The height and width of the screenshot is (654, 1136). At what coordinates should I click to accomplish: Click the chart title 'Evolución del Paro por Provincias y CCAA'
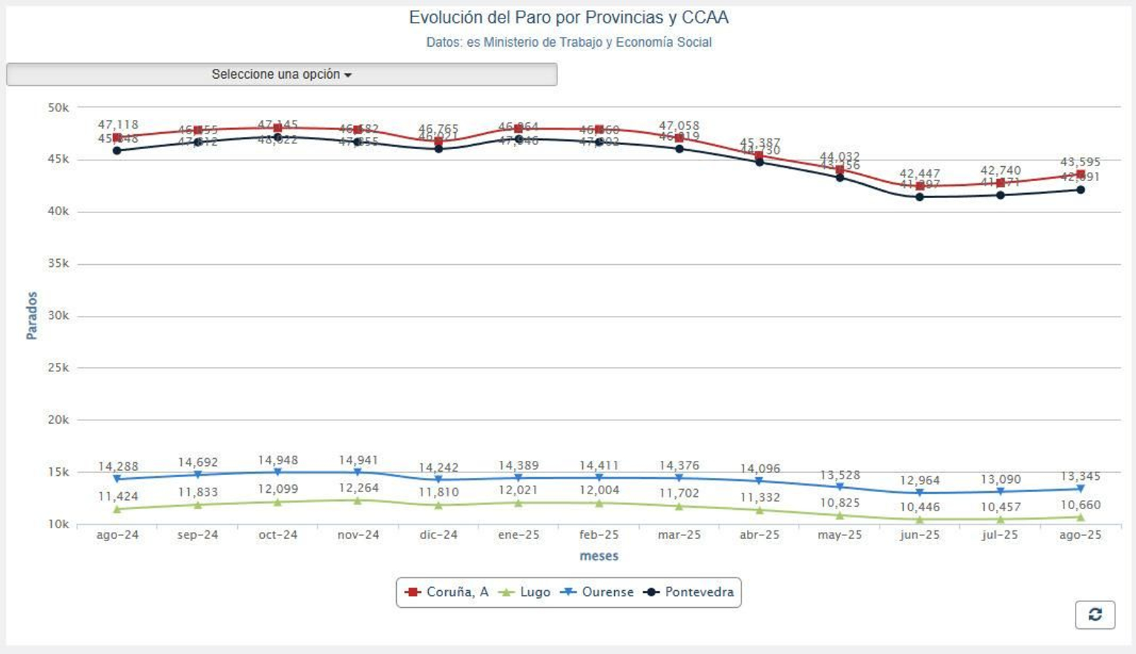click(x=568, y=18)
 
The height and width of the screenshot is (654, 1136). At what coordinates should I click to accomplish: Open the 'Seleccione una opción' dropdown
click(x=281, y=75)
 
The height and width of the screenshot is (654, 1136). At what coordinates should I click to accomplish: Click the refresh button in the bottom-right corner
click(x=1094, y=614)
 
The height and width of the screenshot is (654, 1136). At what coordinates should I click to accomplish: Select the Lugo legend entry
click(x=525, y=592)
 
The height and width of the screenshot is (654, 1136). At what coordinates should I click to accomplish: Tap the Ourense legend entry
click(x=598, y=592)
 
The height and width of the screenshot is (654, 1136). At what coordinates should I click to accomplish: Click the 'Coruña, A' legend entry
click(x=447, y=592)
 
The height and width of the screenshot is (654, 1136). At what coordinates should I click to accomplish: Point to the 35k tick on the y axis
click(x=58, y=263)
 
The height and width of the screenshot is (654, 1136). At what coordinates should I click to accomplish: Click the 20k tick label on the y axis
click(x=58, y=420)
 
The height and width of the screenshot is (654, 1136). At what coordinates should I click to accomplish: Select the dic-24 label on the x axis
click(x=438, y=535)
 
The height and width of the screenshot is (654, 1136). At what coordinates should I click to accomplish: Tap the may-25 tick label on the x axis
click(x=839, y=535)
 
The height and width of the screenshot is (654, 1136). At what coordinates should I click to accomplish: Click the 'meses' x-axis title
click(x=599, y=556)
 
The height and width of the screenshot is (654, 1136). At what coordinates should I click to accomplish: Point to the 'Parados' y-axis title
click(x=32, y=315)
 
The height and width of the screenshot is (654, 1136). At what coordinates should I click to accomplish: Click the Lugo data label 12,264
click(x=359, y=488)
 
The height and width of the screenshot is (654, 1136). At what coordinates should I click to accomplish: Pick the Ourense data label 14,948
click(x=278, y=460)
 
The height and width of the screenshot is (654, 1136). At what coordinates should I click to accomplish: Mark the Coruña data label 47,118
click(x=118, y=125)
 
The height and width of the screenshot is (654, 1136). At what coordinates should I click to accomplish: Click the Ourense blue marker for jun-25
click(x=919, y=492)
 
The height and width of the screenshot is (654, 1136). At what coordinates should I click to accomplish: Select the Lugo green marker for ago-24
click(x=117, y=509)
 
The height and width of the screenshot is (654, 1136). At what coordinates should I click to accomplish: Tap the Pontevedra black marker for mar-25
click(x=679, y=149)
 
